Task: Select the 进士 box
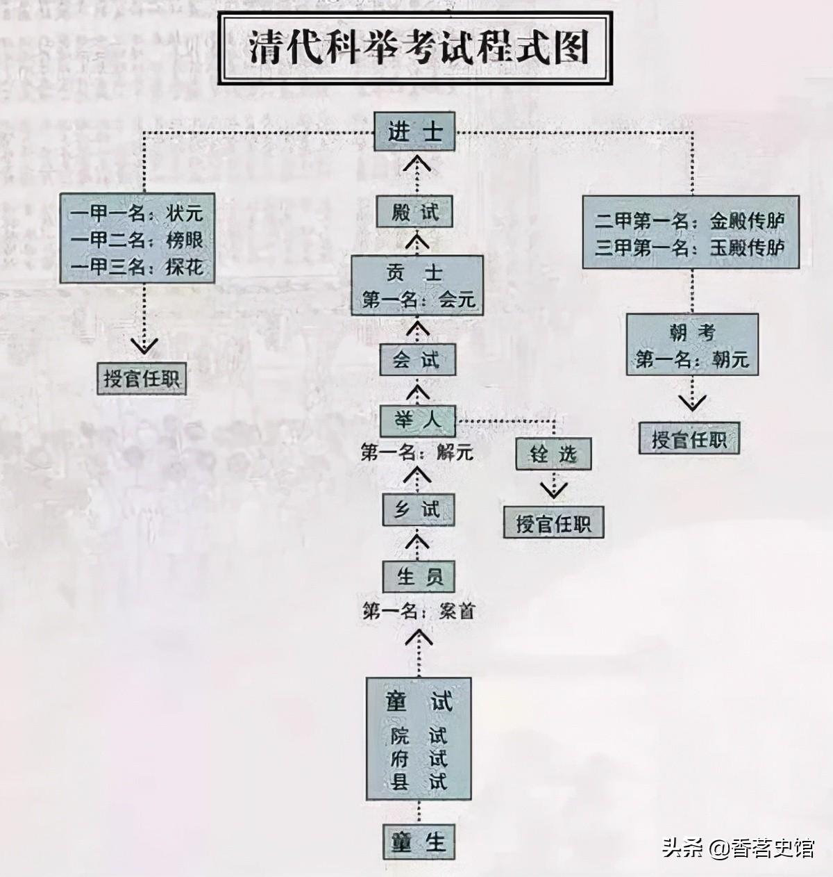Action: (415, 131)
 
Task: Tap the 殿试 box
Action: (415, 211)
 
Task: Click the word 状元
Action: (185, 213)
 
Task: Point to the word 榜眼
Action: (185, 240)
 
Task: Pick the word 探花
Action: (185, 266)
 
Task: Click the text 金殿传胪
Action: (747, 222)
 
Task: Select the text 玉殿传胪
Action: (747, 248)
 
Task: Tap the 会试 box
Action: (416, 360)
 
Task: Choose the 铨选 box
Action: (553, 454)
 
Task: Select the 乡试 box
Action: (418, 509)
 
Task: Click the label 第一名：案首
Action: (419, 612)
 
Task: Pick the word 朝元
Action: (730, 360)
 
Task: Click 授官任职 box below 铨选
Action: (553, 523)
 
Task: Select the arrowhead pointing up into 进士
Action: (416, 165)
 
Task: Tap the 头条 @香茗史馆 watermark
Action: (737, 849)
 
